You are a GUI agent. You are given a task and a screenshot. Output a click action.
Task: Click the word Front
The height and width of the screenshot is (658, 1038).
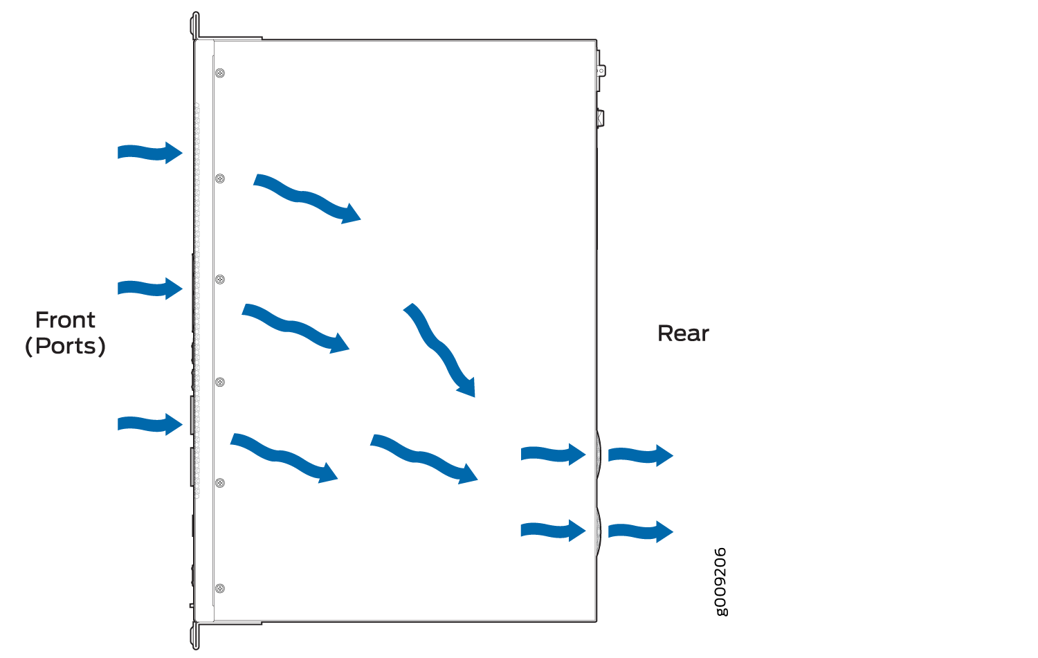(x=65, y=320)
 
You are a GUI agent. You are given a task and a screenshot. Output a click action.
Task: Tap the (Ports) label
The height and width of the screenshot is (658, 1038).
(x=65, y=346)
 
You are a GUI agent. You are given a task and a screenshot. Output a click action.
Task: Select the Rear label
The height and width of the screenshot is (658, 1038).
(x=683, y=333)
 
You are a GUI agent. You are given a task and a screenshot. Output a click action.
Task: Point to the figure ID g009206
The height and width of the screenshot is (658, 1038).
(x=721, y=582)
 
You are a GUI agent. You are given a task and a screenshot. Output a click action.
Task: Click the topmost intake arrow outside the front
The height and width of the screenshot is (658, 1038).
(x=150, y=153)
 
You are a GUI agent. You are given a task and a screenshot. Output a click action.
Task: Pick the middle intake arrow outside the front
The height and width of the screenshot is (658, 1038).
(x=150, y=289)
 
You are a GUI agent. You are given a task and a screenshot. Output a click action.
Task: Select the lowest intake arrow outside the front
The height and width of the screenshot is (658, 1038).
(x=150, y=424)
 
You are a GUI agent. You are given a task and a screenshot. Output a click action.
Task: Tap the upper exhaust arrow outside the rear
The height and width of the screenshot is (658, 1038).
(x=640, y=455)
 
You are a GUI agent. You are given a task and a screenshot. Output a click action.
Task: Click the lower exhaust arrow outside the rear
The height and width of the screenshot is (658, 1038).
(x=640, y=531)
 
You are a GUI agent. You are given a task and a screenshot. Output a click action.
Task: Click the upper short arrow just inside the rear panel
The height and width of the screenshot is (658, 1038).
(x=554, y=454)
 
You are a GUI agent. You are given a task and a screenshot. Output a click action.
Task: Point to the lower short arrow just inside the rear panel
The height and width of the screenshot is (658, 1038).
(x=554, y=531)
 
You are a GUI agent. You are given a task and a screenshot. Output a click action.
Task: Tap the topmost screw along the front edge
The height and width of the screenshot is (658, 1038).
(x=220, y=73)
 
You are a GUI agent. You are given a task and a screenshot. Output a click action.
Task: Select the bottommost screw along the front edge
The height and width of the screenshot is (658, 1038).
(x=220, y=589)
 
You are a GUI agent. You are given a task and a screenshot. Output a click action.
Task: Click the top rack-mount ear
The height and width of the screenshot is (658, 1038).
(x=195, y=26)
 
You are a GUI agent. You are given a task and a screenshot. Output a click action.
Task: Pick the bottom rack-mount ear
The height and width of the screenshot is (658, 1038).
(x=195, y=636)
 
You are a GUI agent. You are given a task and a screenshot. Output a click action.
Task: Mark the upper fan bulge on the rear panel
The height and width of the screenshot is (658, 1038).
(x=599, y=454)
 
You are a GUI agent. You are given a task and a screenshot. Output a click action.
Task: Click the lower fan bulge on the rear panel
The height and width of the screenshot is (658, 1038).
(x=599, y=531)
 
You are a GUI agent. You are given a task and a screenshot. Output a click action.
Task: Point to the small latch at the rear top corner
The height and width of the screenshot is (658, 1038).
(x=601, y=71)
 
